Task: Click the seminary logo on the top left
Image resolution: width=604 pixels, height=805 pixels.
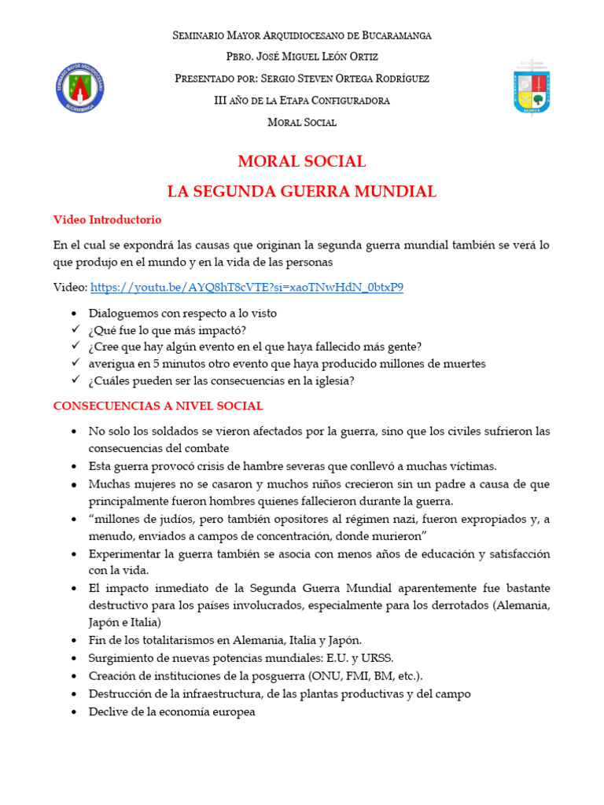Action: [x=80, y=86]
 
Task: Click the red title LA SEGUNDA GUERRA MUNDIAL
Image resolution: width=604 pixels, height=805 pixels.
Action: [x=302, y=191]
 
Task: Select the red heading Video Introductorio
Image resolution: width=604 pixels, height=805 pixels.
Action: [x=107, y=219]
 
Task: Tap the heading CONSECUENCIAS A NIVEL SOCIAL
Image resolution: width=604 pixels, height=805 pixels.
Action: [x=158, y=406]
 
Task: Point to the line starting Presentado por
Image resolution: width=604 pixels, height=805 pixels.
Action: [x=302, y=79]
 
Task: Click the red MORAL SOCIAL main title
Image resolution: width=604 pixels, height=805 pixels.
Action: [x=302, y=162]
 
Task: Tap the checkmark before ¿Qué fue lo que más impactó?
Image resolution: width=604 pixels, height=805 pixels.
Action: [x=75, y=329]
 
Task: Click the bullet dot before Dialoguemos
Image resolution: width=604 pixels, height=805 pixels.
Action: [x=74, y=313]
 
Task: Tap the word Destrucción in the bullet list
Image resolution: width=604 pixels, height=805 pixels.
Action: [x=123, y=694]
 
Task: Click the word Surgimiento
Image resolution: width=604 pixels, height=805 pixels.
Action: [x=124, y=658]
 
